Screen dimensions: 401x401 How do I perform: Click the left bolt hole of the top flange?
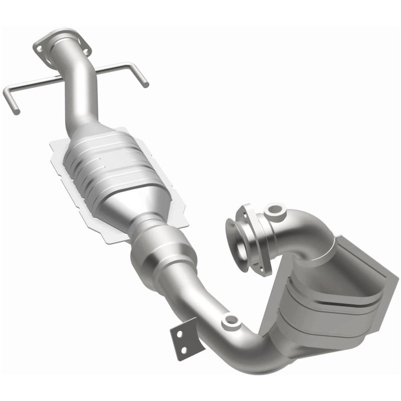click(x=38, y=48)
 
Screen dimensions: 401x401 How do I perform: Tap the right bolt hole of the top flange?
click(x=86, y=51)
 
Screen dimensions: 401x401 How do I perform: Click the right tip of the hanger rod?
click(x=145, y=84)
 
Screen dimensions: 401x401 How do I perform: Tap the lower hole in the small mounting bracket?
click(x=184, y=349)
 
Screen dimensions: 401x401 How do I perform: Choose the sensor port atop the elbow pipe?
click(x=274, y=210)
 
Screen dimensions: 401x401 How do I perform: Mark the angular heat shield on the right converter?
click(x=371, y=281)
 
